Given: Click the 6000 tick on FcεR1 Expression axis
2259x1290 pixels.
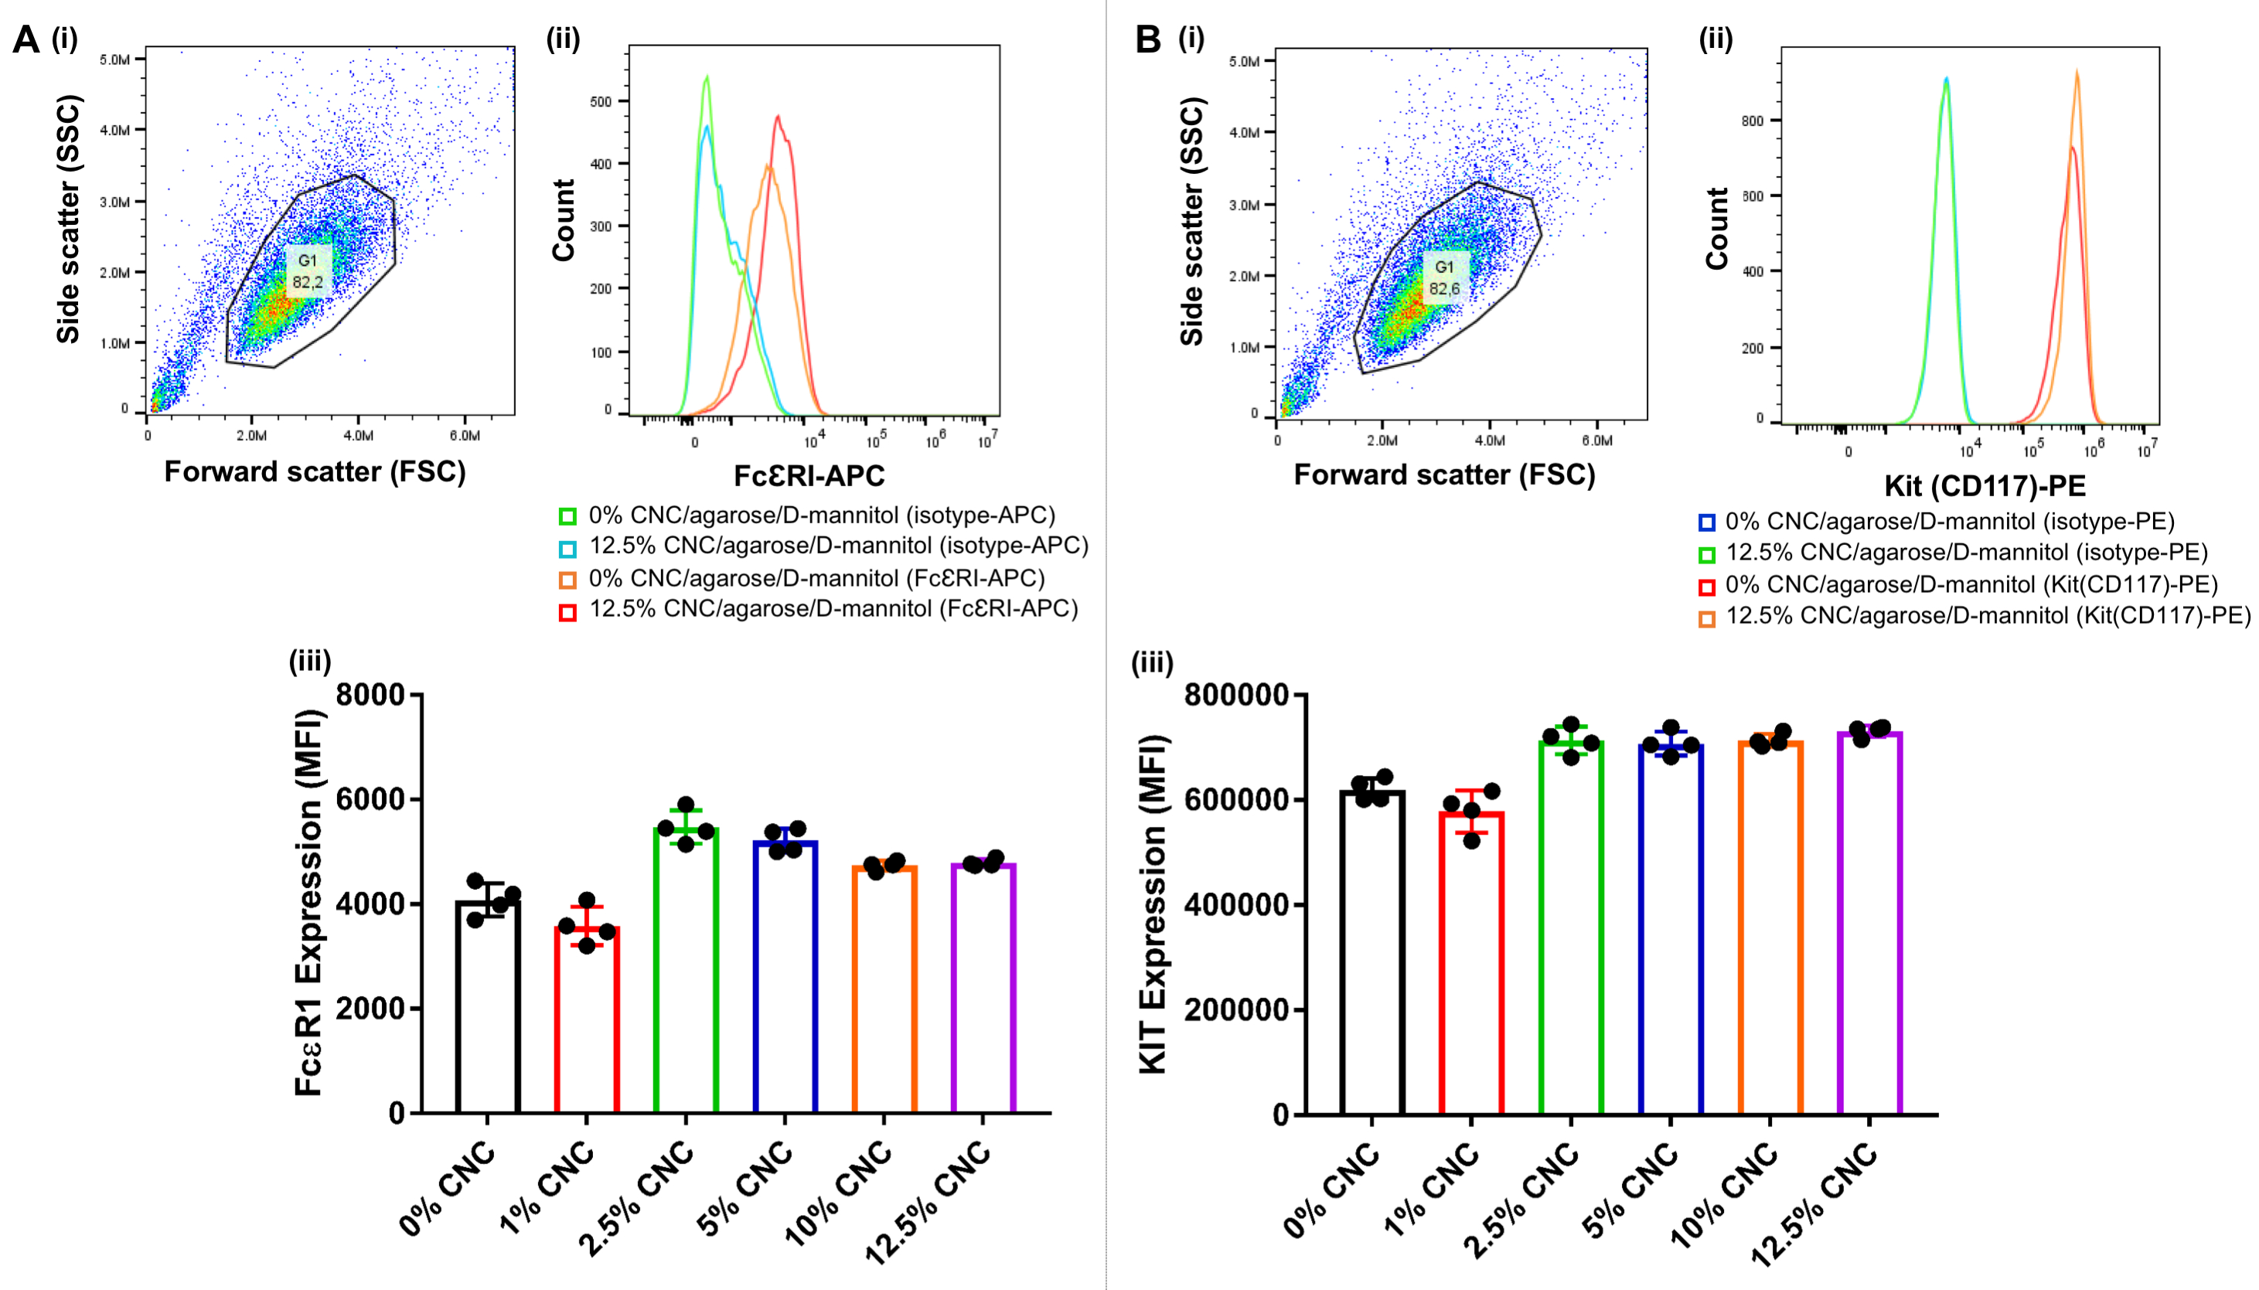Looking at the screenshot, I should coord(370,799).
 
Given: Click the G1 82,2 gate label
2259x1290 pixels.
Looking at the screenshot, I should coord(308,271).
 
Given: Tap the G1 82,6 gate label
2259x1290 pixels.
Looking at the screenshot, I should coord(1443,277).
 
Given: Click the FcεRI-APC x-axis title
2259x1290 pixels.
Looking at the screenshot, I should coord(808,476).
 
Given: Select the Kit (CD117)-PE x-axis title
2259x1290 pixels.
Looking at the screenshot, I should coord(1985,485).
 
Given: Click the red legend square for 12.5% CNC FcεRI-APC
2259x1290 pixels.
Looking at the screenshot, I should coord(567,612).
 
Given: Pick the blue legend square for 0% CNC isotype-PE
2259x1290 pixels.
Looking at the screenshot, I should coord(1706,522).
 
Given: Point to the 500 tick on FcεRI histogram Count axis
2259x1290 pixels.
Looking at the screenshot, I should coord(601,101).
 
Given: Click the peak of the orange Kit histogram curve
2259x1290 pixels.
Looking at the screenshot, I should coord(2077,72).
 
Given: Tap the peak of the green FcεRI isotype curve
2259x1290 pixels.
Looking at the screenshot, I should coord(707,77).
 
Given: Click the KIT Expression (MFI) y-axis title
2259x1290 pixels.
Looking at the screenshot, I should coord(1152,904).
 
